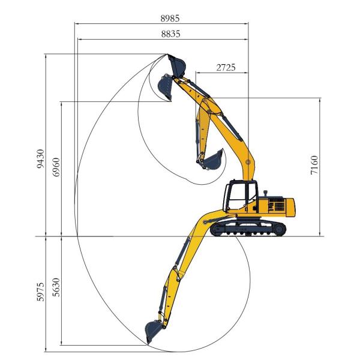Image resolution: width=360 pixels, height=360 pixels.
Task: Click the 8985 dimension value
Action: (170, 19)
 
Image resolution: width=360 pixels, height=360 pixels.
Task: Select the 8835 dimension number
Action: (170, 34)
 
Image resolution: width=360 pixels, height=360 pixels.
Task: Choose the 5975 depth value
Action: (40, 291)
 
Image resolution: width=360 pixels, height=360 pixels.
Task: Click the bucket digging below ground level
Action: (154, 331)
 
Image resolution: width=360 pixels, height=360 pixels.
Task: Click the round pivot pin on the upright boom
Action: (248, 161)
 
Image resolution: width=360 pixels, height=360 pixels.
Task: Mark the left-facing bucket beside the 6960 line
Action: (164, 88)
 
